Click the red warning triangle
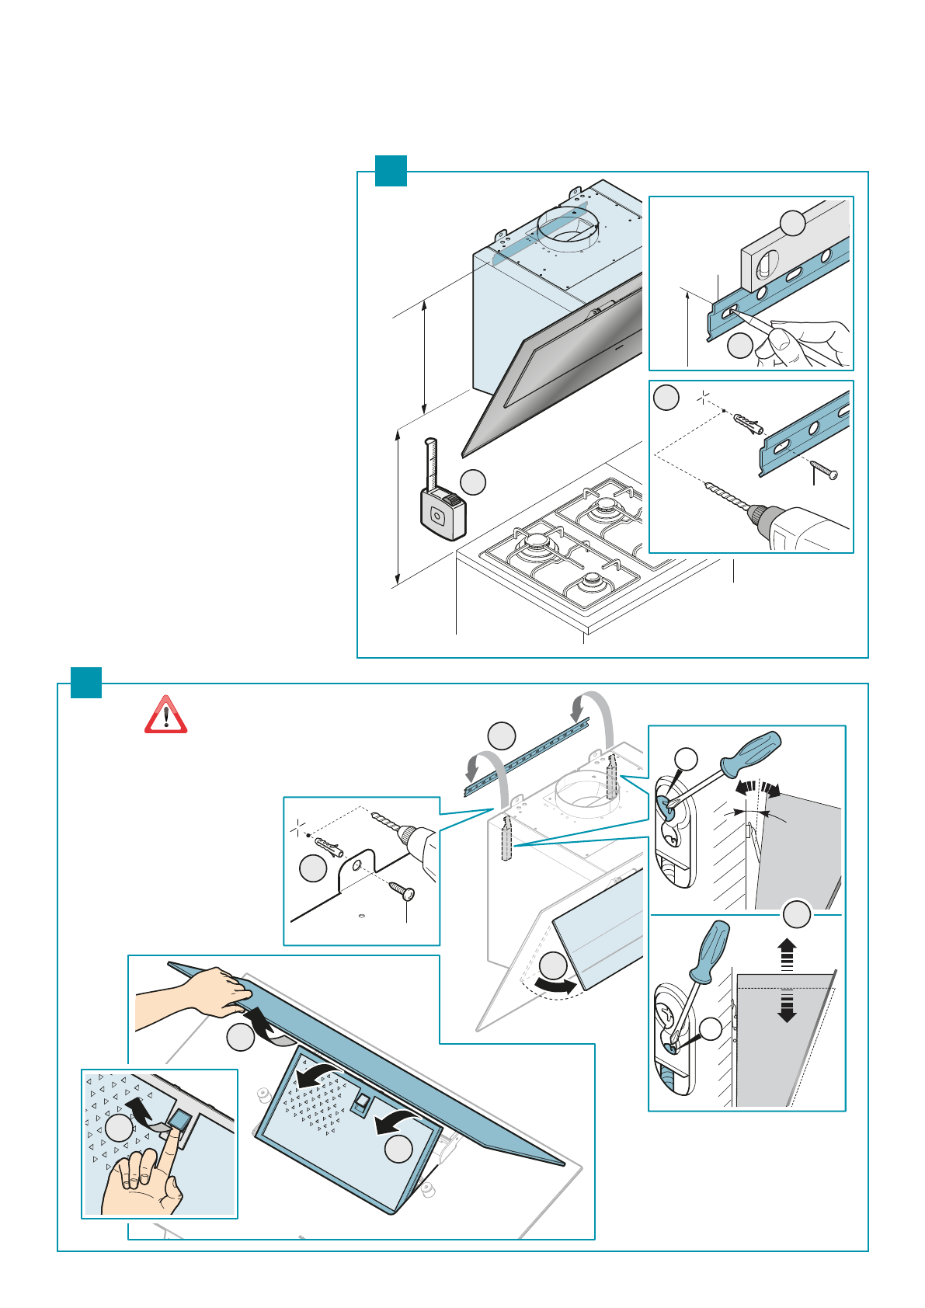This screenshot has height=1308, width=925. coord(165,715)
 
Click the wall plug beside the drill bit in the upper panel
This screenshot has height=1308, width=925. coord(747,424)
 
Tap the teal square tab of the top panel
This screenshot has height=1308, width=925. coord(391,171)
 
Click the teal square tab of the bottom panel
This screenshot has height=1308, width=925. coord(86,683)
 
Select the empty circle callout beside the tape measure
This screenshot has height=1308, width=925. coord(473,482)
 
